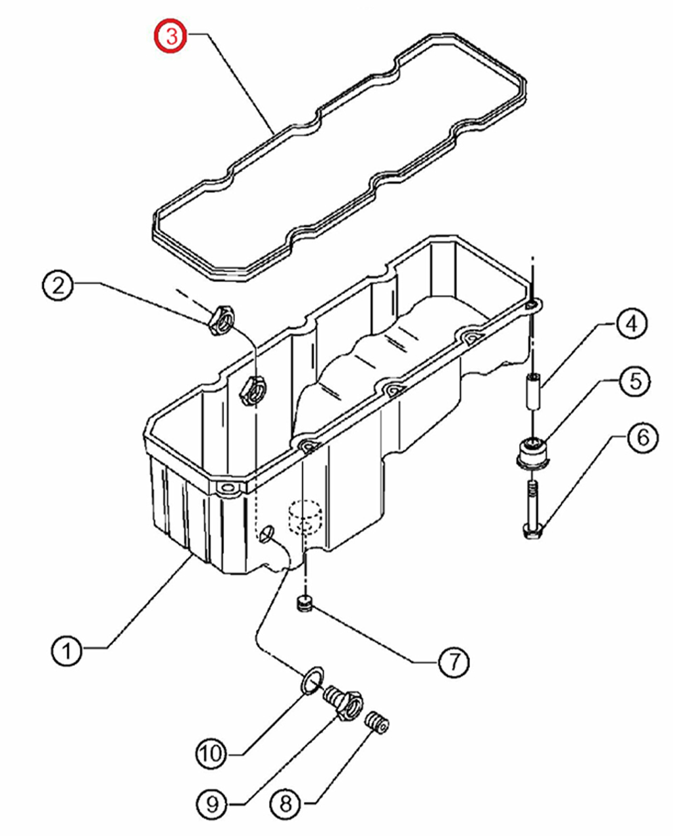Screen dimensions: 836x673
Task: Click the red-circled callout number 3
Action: [x=171, y=37]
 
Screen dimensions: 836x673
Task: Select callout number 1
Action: [x=67, y=650]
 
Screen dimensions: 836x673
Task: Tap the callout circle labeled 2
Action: [x=59, y=285]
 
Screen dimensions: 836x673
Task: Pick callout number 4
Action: [x=630, y=324]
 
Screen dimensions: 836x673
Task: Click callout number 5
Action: [x=636, y=381]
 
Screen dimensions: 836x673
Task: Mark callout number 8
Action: [x=285, y=803]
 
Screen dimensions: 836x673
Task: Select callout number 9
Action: [x=212, y=803]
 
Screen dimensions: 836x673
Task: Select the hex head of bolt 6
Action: [x=532, y=531]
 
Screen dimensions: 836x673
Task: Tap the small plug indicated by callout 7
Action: [x=304, y=604]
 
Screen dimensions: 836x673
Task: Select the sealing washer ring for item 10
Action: [x=312, y=680]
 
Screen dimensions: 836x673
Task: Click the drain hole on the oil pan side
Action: [x=266, y=535]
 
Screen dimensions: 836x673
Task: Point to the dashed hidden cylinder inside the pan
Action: [x=305, y=517]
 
